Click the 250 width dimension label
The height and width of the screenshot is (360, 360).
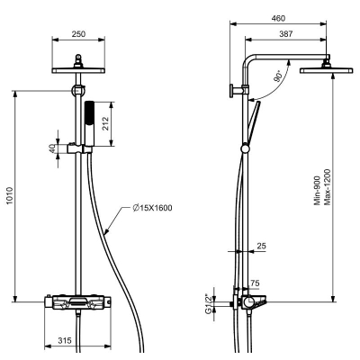[x=78, y=34]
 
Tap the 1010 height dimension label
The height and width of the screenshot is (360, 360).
[x=10, y=196]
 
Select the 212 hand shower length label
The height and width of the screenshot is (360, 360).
[x=105, y=123]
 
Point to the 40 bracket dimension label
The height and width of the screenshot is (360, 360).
[x=52, y=148]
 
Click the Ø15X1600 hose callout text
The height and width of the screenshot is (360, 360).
[x=152, y=208]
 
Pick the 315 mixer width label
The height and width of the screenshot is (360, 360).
[x=65, y=340]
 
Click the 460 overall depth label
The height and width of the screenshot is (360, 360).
[x=278, y=18]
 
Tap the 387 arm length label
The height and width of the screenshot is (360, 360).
[x=286, y=34]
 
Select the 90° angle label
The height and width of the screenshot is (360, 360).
[x=278, y=76]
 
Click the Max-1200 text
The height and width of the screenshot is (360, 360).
[x=328, y=187]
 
